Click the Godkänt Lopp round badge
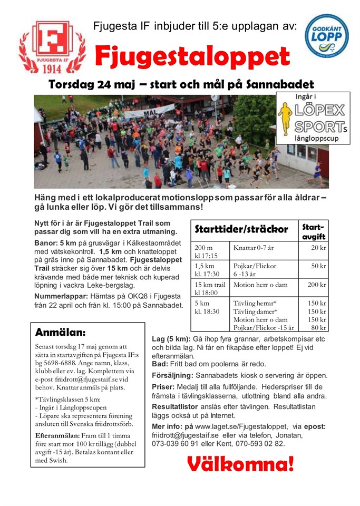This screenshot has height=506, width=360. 327,36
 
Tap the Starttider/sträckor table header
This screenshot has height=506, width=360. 241,230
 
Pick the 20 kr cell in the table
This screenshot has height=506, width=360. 318,248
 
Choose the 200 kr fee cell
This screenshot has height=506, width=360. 316,285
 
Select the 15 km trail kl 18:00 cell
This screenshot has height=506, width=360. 210,288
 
